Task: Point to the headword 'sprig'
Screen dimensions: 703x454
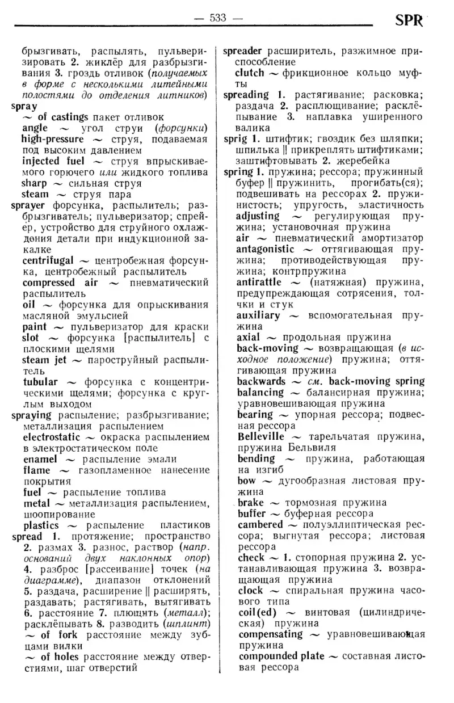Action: point(235,138)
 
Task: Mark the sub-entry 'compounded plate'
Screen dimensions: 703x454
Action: point(281,656)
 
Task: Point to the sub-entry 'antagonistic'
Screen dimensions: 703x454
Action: point(266,249)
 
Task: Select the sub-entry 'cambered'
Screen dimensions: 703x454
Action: point(260,524)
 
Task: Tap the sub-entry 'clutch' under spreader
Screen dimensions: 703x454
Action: point(249,73)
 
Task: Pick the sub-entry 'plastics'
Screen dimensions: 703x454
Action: point(41,525)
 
